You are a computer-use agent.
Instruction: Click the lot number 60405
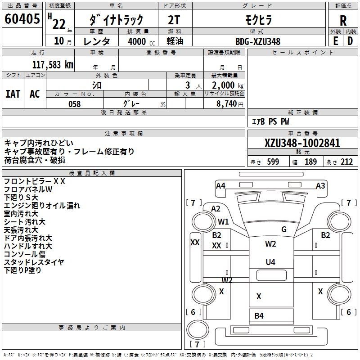(22, 20)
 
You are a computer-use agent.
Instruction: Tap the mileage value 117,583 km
(53, 64)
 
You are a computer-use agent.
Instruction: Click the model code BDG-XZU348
(258, 41)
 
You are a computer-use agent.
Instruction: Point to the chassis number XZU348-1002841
(302, 143)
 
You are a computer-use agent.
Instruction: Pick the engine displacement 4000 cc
(138, 41)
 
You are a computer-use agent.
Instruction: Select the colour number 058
(74, 104)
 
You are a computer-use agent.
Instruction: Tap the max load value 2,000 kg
(225, 85)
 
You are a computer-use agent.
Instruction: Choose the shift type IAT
(13, 94)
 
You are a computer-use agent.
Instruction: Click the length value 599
(273, 162)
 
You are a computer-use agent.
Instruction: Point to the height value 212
(346, 162)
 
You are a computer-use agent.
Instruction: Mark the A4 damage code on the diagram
(220, 185)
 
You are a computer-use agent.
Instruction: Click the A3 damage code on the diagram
(320, 185)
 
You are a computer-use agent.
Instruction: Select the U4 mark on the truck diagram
(270, 262)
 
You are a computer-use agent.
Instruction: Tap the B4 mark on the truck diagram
(259, 315)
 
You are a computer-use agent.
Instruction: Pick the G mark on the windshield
(284, 229)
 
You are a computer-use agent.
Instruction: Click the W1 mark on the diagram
(224, 221)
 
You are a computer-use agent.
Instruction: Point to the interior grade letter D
(350, 40)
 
